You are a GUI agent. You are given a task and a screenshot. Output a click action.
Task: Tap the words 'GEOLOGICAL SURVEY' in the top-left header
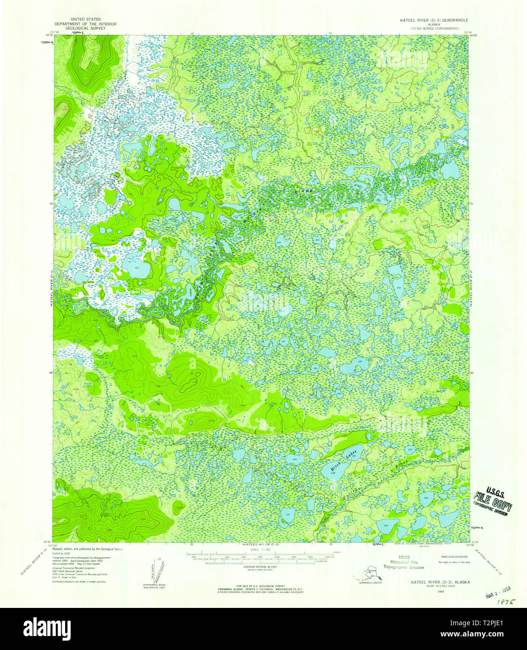coord(85,28)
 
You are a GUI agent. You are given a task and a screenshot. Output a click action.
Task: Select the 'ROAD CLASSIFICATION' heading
coord(454,557)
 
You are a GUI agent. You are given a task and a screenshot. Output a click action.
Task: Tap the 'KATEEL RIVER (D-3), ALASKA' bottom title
coord(440,582)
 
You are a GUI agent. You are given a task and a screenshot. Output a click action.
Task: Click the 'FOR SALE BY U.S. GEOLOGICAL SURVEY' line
coord(260,586)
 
